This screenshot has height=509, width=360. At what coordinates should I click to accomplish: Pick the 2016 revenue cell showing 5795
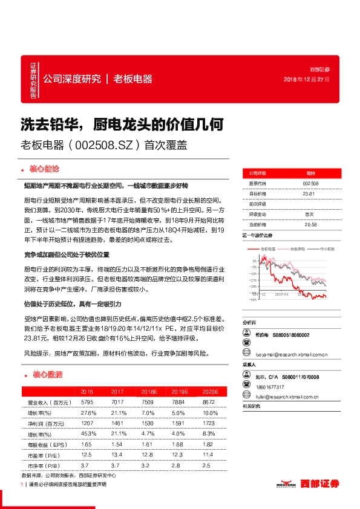(x=87, y=402)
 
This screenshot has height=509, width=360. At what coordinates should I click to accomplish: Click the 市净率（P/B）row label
(x=42, y=465)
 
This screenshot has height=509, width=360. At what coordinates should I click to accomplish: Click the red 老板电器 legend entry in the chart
(x=268, y=248)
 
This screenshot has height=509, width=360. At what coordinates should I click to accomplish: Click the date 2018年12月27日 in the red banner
(x=307, y=80)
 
